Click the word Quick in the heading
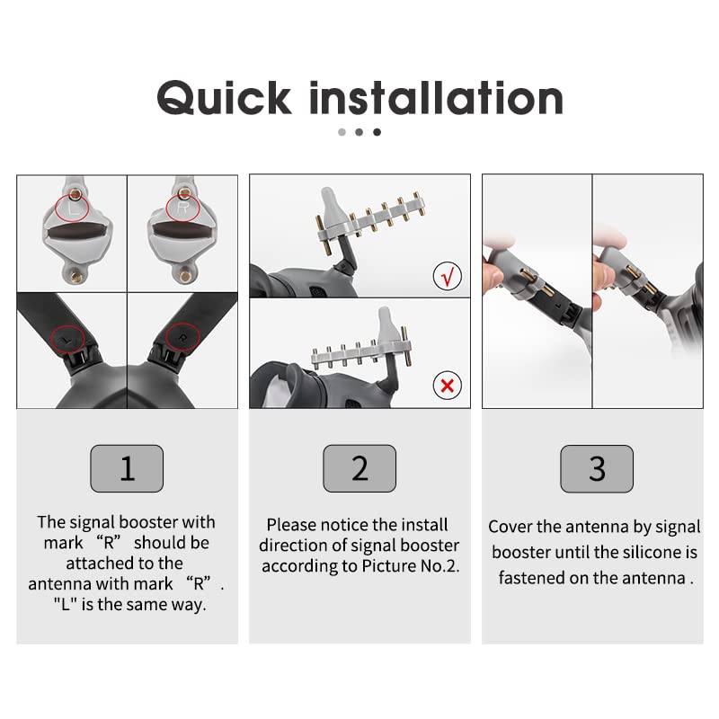pos(224,98)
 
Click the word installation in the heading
pos(437,98)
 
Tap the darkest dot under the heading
pos(377,132)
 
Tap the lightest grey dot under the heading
pos(342,132)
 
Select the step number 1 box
pos(127,468)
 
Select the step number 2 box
pos(359,468)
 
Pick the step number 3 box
pos(597,468)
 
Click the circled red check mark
pos(447,276)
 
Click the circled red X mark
pos(447,386)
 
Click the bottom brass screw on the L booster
pos(74,276)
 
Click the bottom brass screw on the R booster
pos(185,276)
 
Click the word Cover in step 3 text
pos(510,527)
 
